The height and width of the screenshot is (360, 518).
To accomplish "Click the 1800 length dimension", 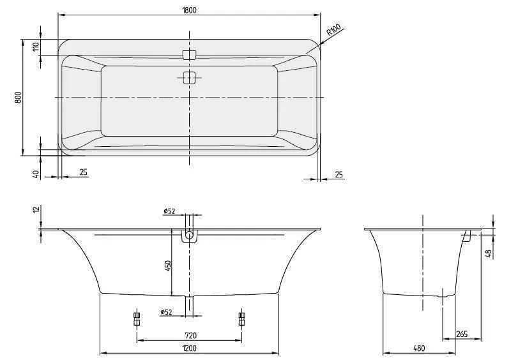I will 189,10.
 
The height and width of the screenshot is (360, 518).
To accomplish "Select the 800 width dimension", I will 19,97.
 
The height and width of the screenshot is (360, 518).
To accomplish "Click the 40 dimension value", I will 37,173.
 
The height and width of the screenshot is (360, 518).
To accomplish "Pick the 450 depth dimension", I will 167,266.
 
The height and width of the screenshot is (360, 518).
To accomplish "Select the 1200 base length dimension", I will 189,348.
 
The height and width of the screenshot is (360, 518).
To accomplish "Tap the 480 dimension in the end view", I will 419,348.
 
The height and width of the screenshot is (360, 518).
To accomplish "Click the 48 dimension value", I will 489,253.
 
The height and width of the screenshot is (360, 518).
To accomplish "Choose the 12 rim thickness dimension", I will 37,209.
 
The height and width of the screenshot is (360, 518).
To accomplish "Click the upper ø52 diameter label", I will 169,211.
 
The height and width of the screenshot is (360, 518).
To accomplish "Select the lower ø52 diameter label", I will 169,311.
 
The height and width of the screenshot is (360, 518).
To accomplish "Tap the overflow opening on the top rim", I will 189,55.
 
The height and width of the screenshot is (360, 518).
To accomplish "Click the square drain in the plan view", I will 189,78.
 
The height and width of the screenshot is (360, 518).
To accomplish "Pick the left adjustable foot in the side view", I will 136,318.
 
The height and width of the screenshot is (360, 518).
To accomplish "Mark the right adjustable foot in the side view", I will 241,318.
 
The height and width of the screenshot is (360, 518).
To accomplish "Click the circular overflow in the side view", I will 189,236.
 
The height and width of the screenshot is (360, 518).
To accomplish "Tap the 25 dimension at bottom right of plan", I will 339,174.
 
